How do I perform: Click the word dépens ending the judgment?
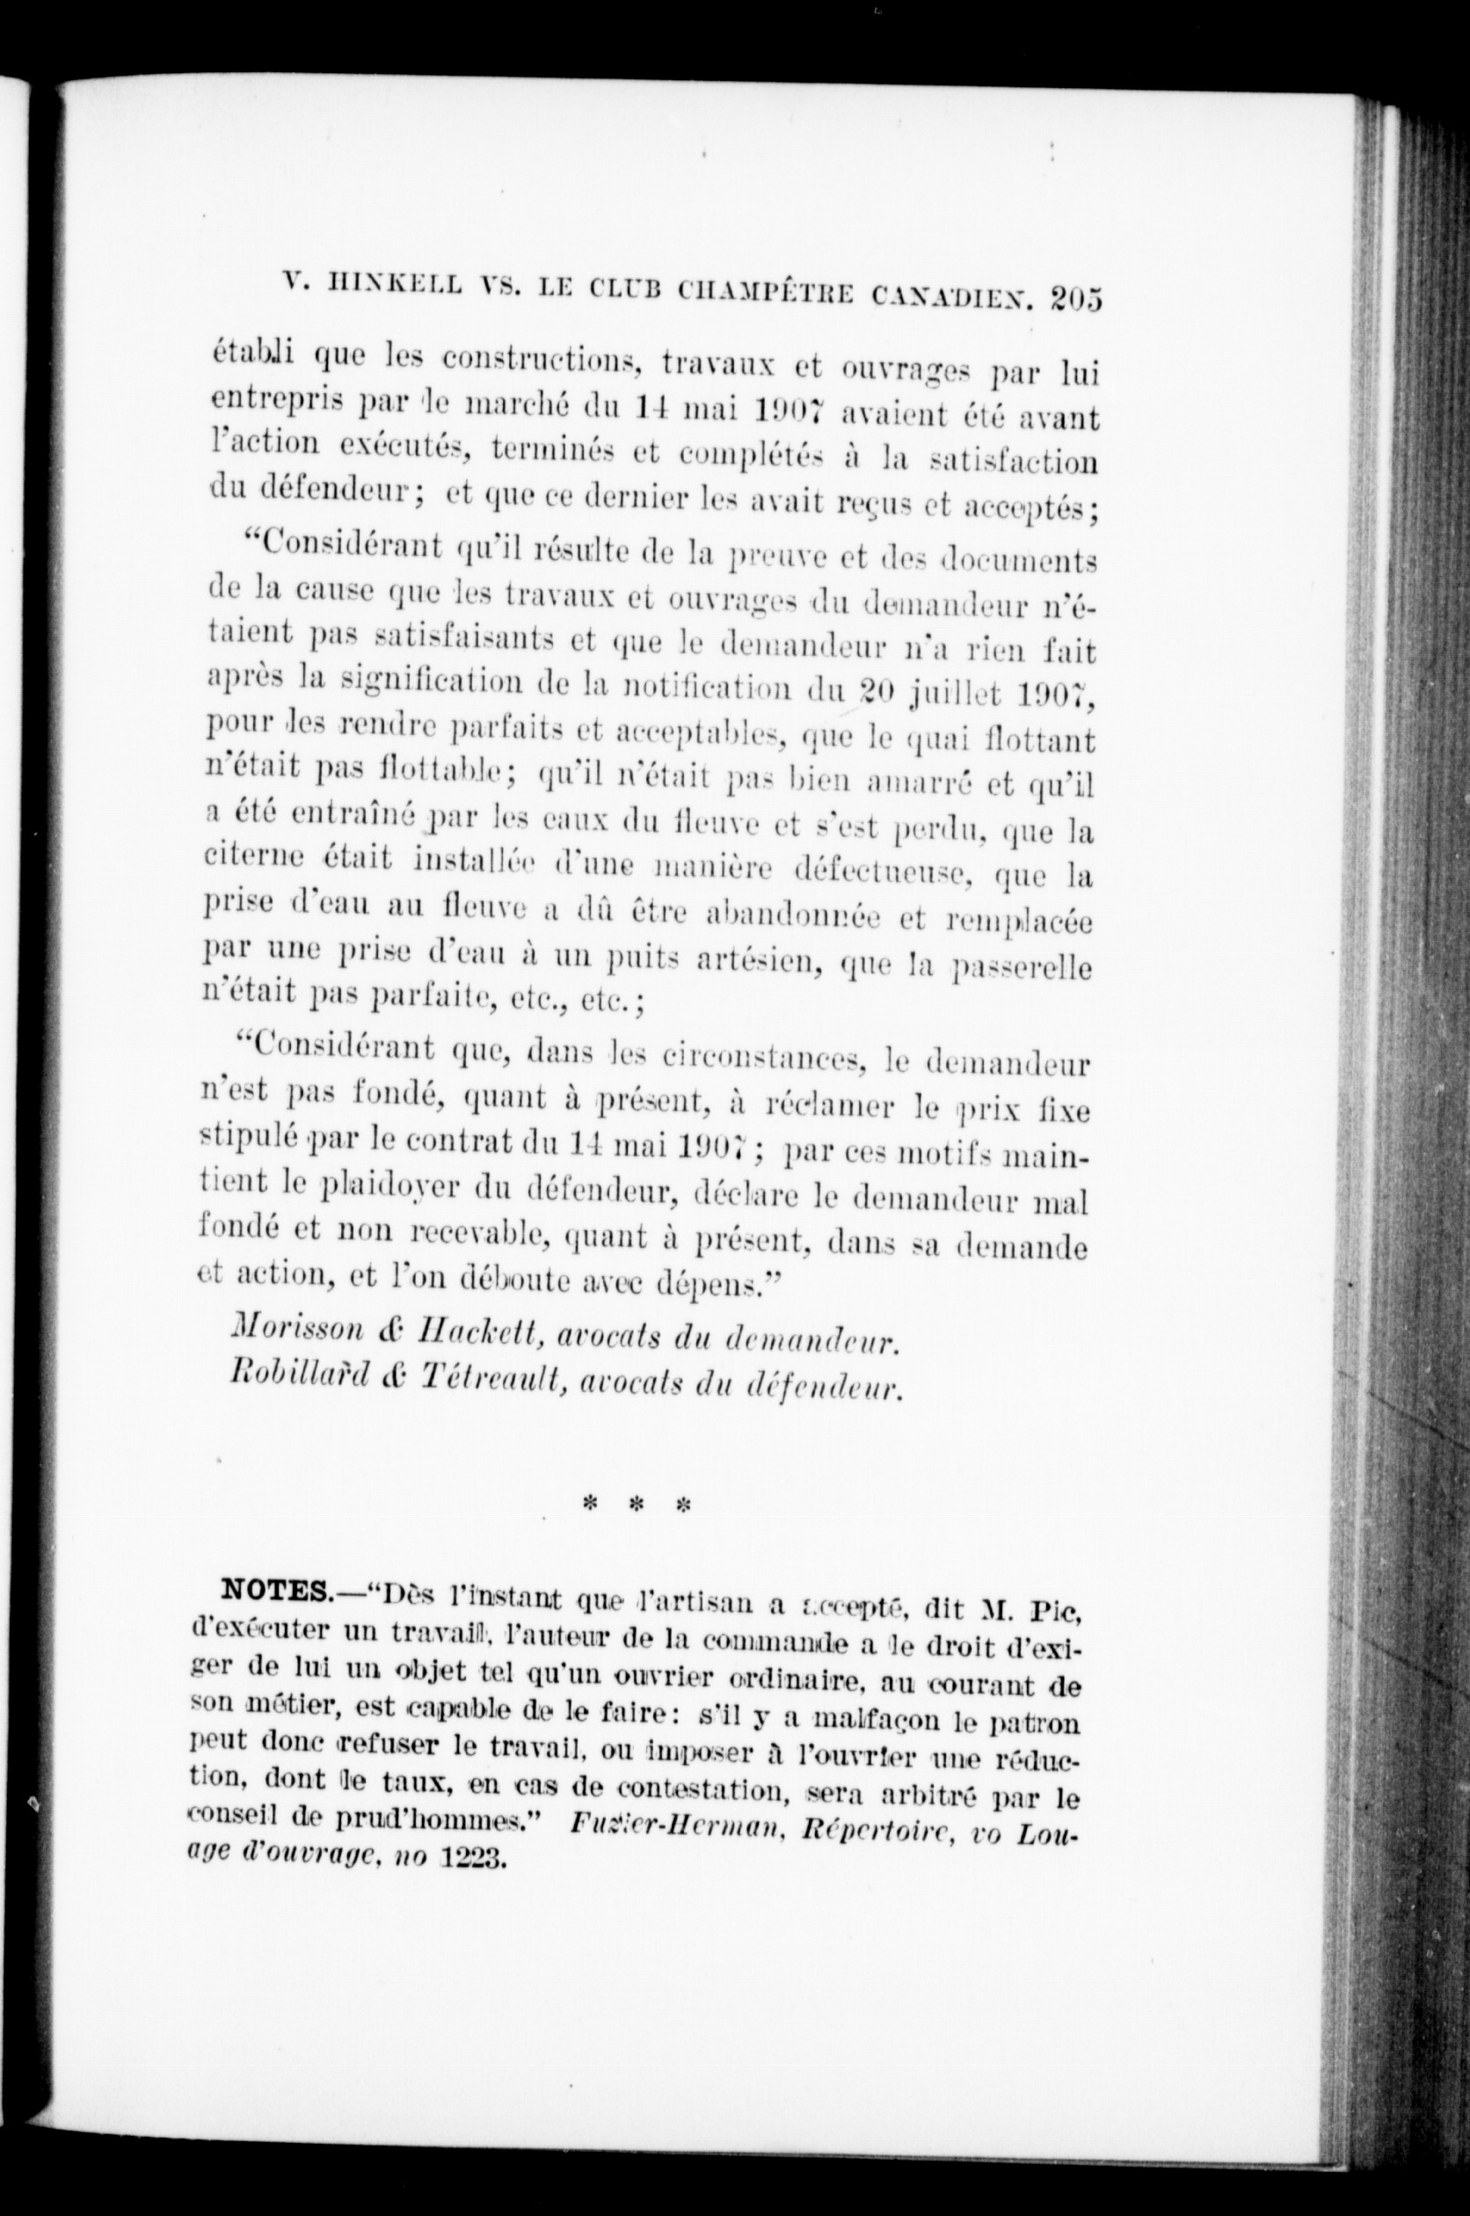click(x=723, y=1281)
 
